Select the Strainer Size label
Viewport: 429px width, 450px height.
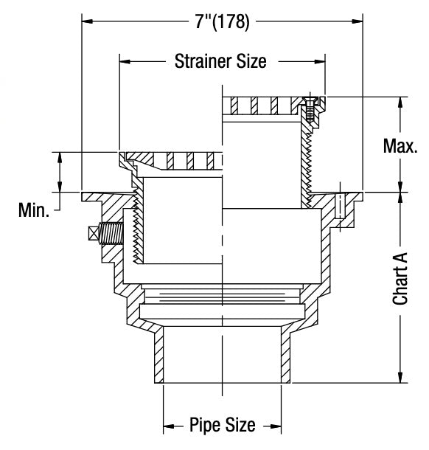tap(220, 60)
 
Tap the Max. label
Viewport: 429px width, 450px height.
tap(400, 145)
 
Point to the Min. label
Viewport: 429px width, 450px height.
tap(34, 212)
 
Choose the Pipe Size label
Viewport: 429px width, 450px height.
tap(222, 425)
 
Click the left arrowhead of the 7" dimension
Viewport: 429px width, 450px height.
tap(86, 22)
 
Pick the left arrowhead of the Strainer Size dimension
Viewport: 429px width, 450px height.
tap(124, 61)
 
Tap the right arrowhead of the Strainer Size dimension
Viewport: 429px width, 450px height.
tap(321, 61)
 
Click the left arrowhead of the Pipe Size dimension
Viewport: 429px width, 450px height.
tap(167, 426)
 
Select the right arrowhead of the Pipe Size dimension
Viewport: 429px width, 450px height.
tap(276, 426)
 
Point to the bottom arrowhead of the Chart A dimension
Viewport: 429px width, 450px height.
tap(401, 378)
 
